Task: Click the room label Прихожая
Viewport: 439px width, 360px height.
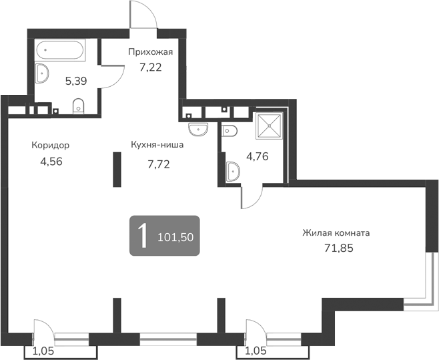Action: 151,52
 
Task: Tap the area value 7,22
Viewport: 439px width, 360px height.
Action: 151,66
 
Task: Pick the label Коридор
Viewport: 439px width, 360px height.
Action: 50,145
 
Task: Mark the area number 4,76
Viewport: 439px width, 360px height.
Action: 258,157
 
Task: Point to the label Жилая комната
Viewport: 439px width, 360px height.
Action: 336,233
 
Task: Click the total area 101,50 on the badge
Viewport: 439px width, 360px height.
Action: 178,236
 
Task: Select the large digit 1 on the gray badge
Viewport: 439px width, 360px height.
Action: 142,235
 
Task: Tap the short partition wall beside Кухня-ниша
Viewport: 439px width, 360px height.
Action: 117,170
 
